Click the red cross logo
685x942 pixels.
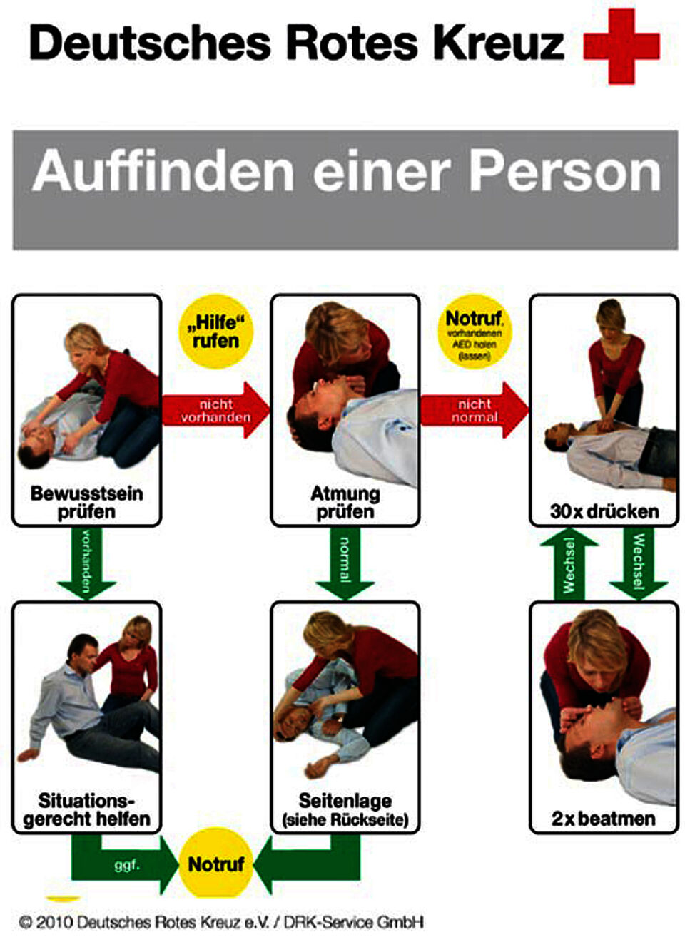tap(621, 46)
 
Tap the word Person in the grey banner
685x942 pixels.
tap(564, 172)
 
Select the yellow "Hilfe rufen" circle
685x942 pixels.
tap(215, 332)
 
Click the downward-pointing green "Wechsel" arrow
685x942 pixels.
tap(638, 563)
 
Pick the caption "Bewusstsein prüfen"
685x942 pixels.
tap(86, 503)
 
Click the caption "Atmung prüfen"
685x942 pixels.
tap(345, 503)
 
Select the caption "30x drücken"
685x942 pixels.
tap(604, 511)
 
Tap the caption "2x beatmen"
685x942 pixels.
tap(604, 819)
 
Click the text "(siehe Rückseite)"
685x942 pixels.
tap(345, 820)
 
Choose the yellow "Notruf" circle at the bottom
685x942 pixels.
tap(215, 864)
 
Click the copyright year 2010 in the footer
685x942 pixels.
tap(54, 923)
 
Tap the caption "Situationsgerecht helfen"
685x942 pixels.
tap(86, 810)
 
